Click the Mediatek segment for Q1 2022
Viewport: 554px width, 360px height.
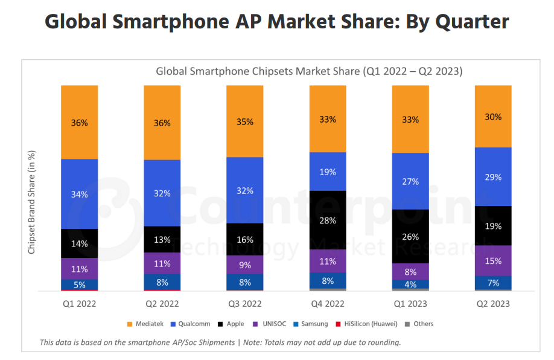[79, 122]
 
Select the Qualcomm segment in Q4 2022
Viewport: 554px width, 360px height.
[328, 171]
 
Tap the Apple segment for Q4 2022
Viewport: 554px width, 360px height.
[328, 220]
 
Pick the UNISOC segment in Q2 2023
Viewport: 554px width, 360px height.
[493, 260]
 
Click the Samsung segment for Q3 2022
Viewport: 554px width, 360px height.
[245, 281]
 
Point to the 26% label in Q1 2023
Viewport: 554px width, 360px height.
[410, 236]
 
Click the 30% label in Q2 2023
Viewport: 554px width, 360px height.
[493, 117]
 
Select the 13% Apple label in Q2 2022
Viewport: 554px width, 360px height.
[162, 239]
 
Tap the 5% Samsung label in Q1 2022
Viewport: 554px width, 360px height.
[79, 284]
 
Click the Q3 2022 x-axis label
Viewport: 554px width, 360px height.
[245, 304]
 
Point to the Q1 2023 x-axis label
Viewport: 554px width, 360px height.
[410, 304]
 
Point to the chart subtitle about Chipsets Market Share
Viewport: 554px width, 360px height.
[309, 71]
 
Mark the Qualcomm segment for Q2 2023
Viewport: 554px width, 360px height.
[493, 176]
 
